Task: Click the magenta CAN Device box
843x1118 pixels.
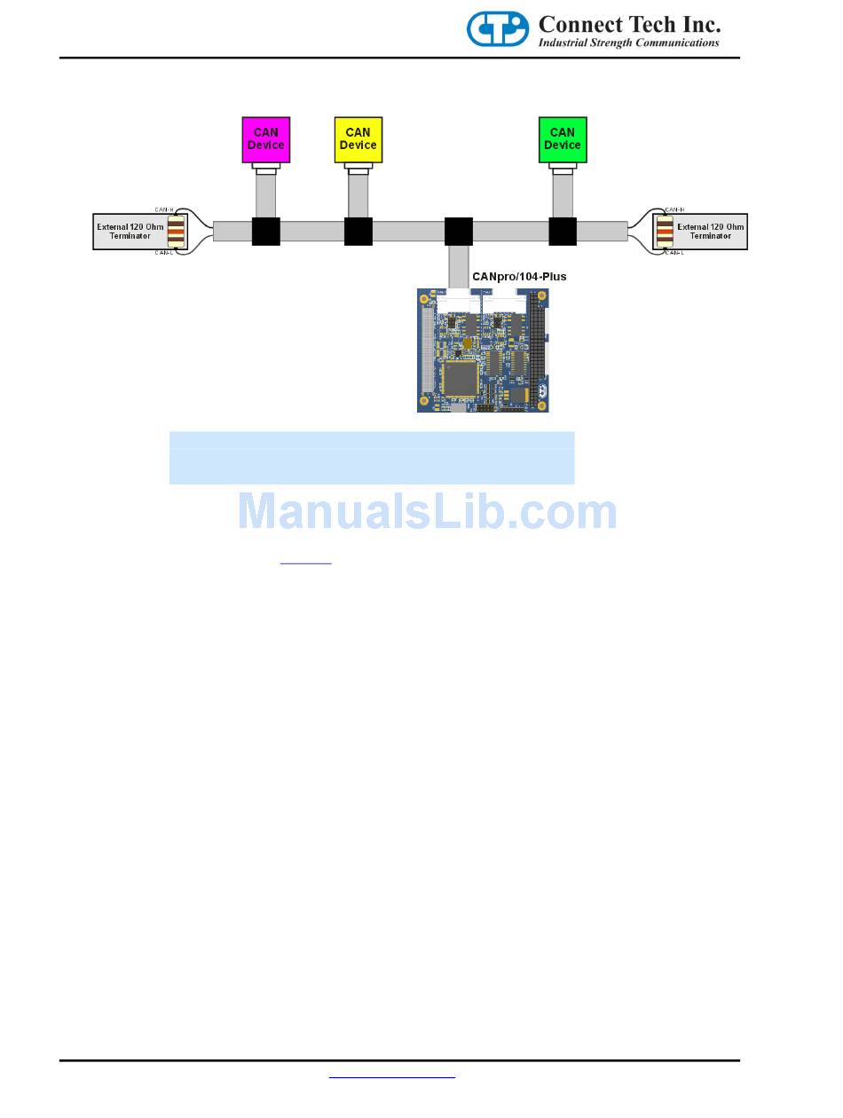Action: point(265,139)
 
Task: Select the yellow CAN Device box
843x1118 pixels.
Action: point(358,139)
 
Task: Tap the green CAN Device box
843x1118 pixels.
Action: point(562,139)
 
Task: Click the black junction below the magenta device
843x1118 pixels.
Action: point(266,232)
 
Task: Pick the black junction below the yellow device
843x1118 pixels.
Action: point(358,232)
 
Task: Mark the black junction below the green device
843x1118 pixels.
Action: point(563,232)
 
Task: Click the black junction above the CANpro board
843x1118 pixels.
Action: point(458,232)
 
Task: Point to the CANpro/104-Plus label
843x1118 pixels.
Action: point(519,277)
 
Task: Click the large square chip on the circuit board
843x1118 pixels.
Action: point(462,377)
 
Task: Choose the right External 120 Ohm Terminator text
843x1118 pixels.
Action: point(710,232)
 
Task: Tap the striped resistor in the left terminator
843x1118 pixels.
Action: point(177,232)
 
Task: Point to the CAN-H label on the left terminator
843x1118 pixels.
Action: point(164,209)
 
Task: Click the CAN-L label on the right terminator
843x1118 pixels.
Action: point(675,254)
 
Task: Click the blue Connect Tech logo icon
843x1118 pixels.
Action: point(498,29)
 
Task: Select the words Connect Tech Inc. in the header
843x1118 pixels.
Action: point(629,23)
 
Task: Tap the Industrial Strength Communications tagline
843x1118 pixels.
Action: point(629,43)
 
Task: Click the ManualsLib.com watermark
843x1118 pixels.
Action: point(427,512)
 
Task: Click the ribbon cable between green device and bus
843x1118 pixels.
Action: point(563,195)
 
